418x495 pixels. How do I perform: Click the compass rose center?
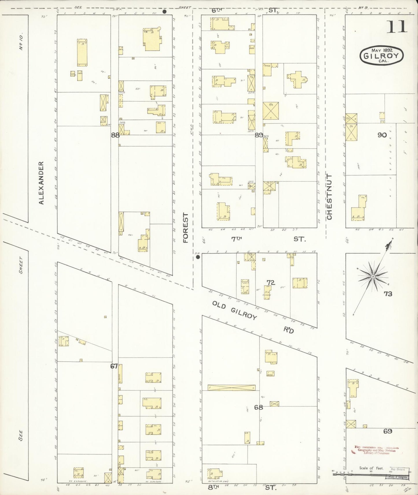(x=373, y=277)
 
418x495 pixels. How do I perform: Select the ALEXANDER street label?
(x=41, y=183)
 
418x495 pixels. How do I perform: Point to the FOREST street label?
(x=185, y=228)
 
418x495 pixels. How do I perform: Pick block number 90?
(x=382, y=135)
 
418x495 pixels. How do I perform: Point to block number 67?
(x=114, y=366)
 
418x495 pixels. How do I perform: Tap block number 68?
(x=258, y=407)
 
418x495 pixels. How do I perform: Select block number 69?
(x=388, y=431)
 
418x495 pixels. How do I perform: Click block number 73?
(x=388, y=294)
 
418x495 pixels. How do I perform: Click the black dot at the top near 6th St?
(x=165, y=12)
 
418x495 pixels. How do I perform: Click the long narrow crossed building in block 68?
(x=231, y=388)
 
